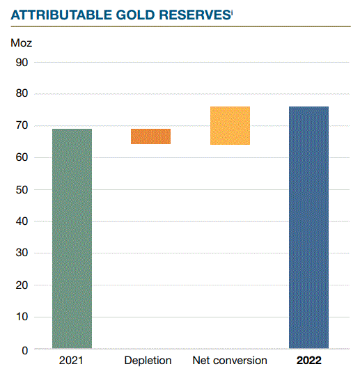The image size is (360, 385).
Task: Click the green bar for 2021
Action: point(72,238)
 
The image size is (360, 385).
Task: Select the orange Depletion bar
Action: point(151,136)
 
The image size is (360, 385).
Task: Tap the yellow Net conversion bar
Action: point(230,125)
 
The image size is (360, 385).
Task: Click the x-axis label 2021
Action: point(72,361)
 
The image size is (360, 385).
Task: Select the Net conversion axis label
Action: point(230,361)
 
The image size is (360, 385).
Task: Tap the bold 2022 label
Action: point(309,361)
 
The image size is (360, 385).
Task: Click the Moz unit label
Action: point(22,42)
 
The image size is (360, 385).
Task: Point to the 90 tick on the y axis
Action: point(21,62)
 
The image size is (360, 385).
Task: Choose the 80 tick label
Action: point(21,94)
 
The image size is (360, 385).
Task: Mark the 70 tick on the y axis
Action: point(21,126)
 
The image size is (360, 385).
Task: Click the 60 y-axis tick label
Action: point(21,158)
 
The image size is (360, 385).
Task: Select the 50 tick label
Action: point(21,190)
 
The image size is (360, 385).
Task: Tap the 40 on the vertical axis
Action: point(21,222)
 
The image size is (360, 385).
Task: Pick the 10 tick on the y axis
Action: point(21,317)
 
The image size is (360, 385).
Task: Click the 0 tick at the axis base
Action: point(24,349)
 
